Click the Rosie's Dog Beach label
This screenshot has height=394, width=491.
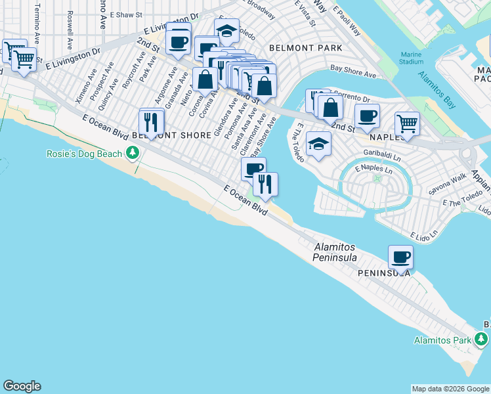(83, 154)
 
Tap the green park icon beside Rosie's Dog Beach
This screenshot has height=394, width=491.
(133, 154)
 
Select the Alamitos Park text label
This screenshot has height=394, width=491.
(443, 340)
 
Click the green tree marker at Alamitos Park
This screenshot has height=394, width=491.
(482, 339)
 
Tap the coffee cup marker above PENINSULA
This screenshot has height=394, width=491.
(400, 256)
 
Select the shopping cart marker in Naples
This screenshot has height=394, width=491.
(407, 123)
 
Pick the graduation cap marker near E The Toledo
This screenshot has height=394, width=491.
(318, 143)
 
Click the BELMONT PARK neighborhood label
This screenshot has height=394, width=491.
(305, 48)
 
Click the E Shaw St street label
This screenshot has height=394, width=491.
(126, 13)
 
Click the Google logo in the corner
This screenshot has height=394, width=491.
(22, 386)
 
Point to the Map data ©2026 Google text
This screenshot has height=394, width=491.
(450, 389)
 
